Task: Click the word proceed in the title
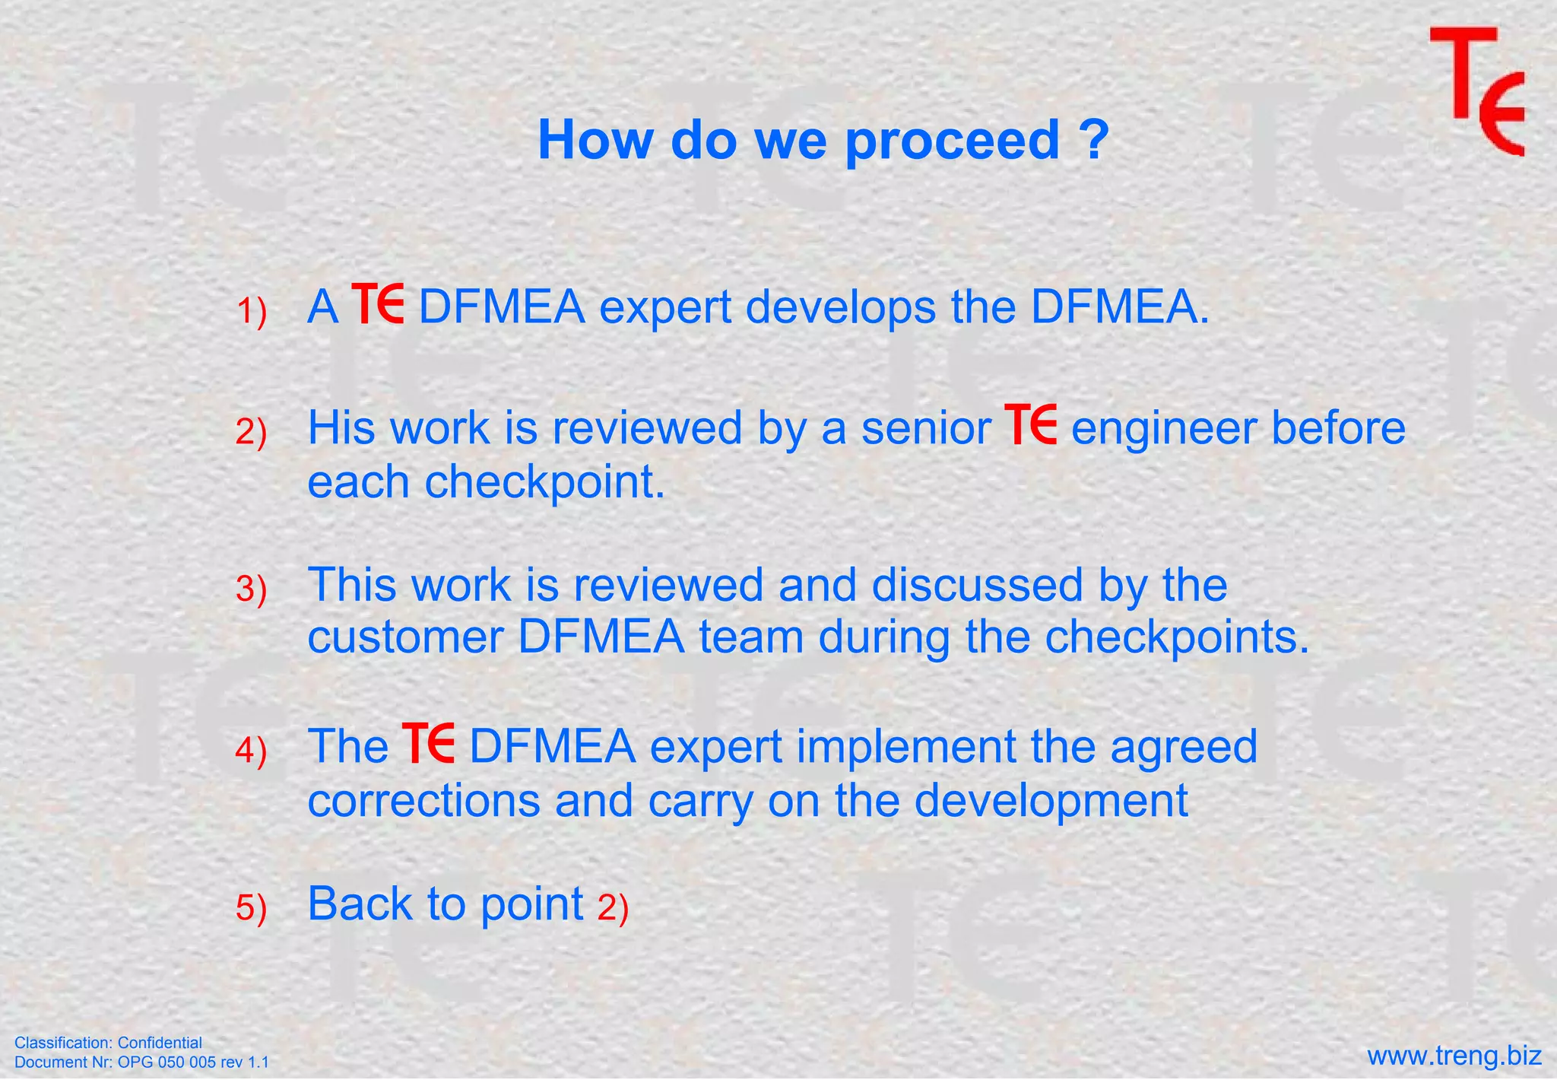point(953,141)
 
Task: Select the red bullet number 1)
point(251,313)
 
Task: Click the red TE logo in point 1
point(378,304)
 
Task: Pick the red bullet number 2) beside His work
point(251,433)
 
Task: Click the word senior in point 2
point(925,428)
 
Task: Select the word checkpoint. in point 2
point(544,483)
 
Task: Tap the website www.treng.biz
point(1454,1056)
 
